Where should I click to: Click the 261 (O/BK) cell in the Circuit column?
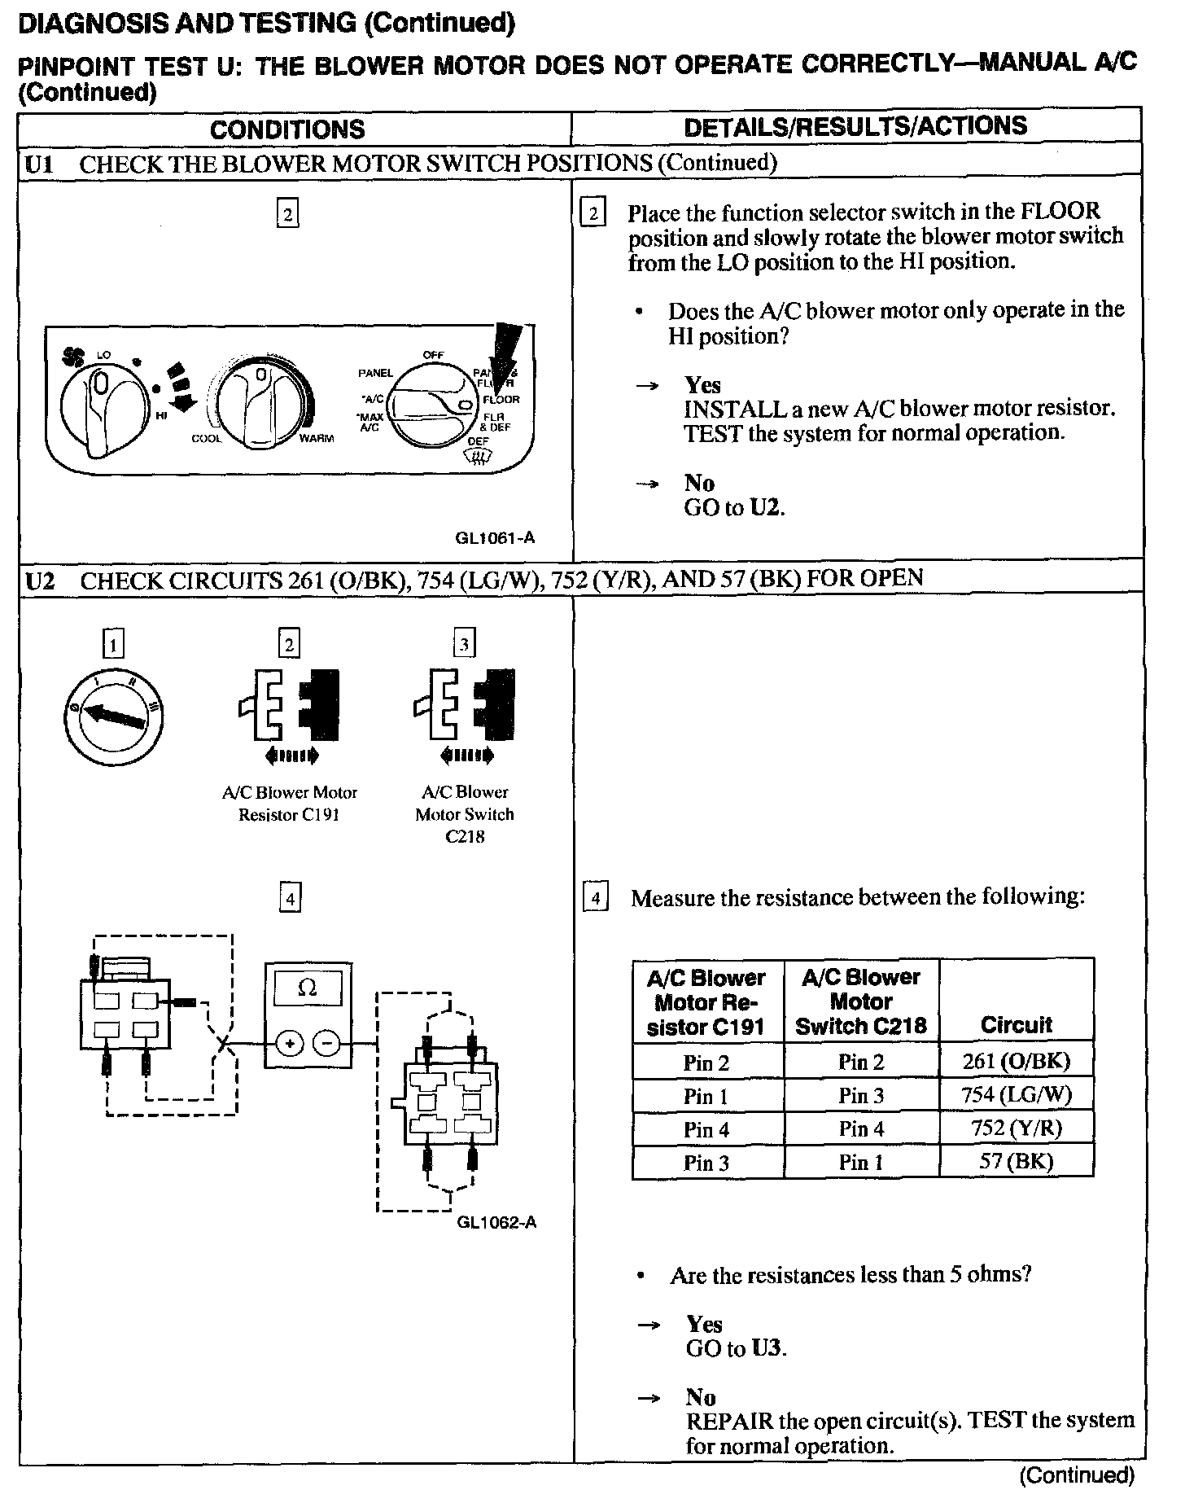1016,1061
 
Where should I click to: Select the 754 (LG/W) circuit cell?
1016,1095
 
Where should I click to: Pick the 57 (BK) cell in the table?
1016,1162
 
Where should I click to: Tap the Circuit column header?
1016,1024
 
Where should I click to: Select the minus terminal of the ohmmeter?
326,1043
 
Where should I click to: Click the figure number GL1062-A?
496,1223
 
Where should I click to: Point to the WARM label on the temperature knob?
317,439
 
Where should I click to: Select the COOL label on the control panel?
207,439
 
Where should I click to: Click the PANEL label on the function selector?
375,373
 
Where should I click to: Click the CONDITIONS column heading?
287,129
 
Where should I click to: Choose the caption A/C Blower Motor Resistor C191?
289,804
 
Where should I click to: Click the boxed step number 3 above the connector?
464,645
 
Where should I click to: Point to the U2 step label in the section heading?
39,580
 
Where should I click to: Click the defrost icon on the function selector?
480,460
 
